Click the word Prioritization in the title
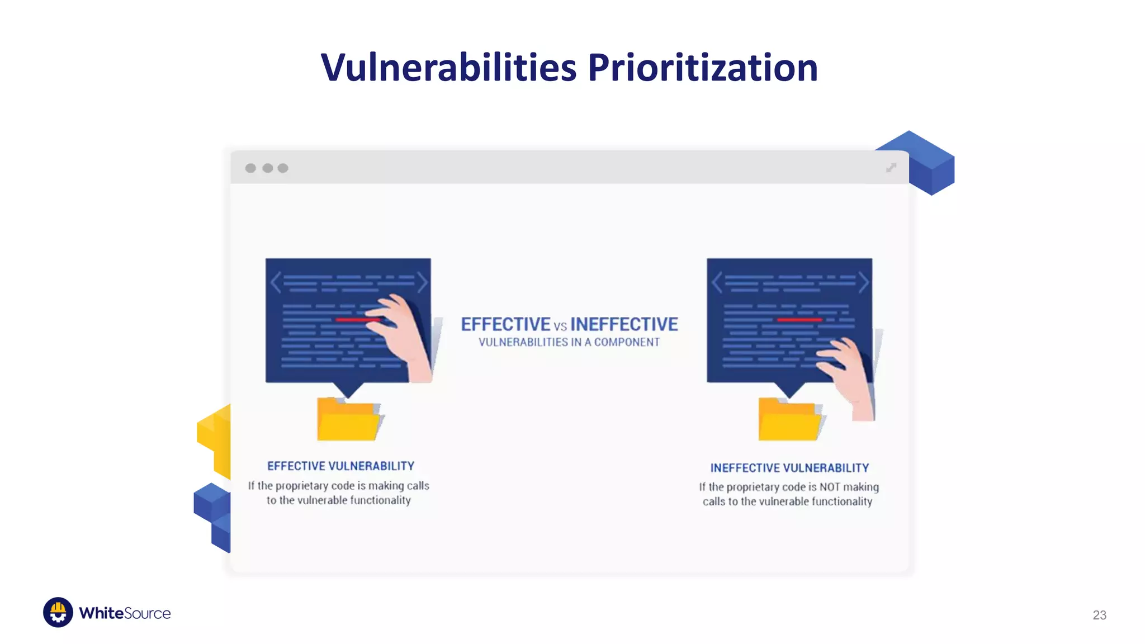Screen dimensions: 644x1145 [x=702, y=68]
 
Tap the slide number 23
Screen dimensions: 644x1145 [x=1099, y=615]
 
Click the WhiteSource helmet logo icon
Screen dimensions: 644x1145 [x=58, y=612]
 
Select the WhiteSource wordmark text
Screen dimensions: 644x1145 [x=125, y=613]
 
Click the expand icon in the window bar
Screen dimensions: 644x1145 [x=891, y=168]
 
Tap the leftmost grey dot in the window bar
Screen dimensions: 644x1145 [x=250, y=168]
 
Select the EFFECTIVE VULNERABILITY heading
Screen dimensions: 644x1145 [x=340, y=466]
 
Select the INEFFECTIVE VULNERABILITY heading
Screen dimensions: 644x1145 [x=789, y=468]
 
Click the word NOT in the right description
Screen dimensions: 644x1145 [x=830, y=487]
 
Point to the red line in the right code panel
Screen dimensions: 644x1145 [x=799, y=319]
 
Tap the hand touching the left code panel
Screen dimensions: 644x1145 [x=405, y=335]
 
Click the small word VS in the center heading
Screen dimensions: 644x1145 [x=560, y=326]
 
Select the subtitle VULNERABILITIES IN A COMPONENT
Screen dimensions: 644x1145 [x=569, y=342]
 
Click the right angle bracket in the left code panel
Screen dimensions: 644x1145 [x=422, y=282]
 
